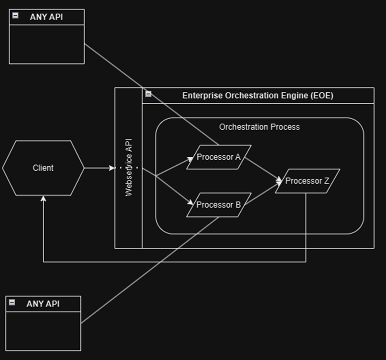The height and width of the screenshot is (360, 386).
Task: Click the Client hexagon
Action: coord(43,168)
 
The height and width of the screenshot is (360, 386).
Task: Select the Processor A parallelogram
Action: coord(219,157)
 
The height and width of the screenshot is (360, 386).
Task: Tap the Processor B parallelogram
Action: coord(219,204)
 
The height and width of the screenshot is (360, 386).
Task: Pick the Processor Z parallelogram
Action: coord(307,181)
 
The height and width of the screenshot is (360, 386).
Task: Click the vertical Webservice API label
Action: coord(129,168)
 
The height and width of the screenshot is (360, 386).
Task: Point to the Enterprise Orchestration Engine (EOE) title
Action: coord(258,96)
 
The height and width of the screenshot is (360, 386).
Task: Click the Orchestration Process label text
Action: coord(259,127)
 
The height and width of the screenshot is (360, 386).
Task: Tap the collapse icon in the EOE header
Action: coord(148,94)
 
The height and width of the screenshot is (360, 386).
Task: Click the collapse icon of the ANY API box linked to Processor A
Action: coord(16,15)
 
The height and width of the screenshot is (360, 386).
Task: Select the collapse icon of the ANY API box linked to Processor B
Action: coord(12,302)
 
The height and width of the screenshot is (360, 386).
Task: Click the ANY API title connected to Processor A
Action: coord(46,17)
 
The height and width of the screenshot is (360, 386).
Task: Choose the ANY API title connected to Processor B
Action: coord(43,304)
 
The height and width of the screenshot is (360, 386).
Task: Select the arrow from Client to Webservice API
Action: coord(100,168)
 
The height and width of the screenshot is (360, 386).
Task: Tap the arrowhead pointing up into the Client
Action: coord(43,199)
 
